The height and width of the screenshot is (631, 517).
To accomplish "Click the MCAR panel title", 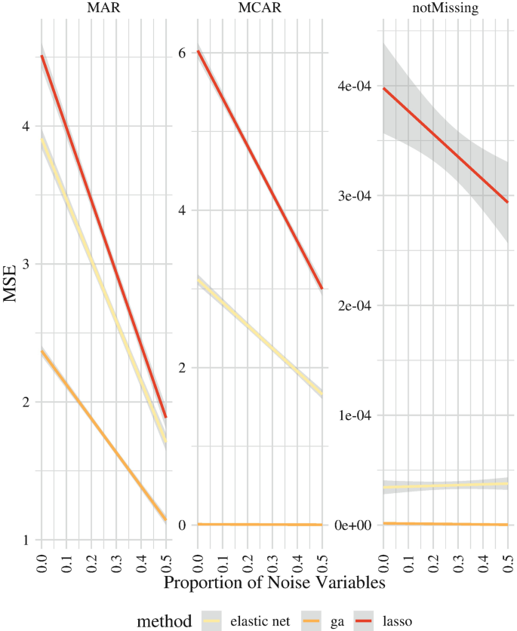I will tap(261, 10).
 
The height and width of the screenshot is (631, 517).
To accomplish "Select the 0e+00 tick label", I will tap(352, 525).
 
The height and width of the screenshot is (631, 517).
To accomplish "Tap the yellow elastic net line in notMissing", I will tap(442, 486).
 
